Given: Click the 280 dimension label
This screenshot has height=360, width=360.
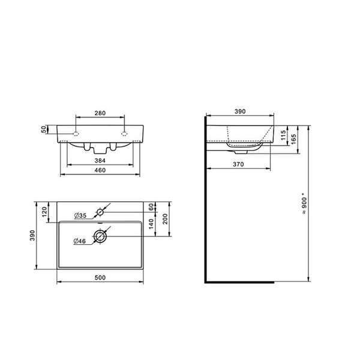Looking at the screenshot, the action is [100, 113].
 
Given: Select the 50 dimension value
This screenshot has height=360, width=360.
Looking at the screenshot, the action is [43, 130].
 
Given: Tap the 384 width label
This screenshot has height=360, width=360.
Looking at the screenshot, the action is [100, 160].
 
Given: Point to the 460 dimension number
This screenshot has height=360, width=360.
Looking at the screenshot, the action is [100, 170].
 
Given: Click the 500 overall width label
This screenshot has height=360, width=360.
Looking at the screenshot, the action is [100, 278].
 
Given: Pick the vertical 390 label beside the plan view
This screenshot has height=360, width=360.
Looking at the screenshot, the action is [32, 235].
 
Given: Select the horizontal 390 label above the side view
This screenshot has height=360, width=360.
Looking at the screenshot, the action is [240, 112].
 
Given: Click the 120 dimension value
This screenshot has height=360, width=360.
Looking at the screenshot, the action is [44, 212].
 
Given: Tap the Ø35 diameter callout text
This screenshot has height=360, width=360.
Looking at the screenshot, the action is [80, 215].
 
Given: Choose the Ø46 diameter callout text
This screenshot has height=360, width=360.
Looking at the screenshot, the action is [79, 241].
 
